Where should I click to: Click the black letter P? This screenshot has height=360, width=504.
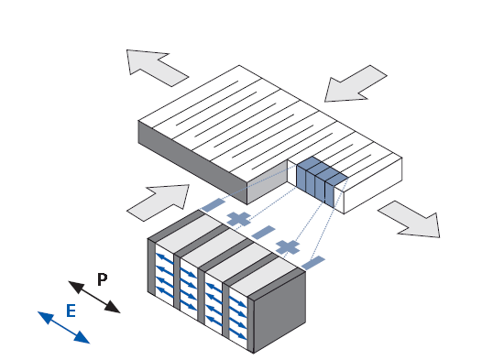click(x=103, y=279)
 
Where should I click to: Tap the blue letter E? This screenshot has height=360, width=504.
click(x=71, y=311)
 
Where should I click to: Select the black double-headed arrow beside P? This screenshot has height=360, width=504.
click(x=94, y=297)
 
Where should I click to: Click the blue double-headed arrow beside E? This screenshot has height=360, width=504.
click(x=63, y=328)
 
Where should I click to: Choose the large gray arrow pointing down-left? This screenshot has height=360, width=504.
click(x=356, y=84)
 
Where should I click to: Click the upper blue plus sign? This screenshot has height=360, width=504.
click(x=239, y=219)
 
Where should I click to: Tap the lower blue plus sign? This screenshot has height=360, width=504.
click(x=288, y=246)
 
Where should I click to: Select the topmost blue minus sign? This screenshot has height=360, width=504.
click(x=214, y=205)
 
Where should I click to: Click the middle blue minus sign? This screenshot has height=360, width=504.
click(x=263, y=233)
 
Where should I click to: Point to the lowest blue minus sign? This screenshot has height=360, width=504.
click(x=313, y=263)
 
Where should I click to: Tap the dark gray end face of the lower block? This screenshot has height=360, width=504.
click(x=279, y=311)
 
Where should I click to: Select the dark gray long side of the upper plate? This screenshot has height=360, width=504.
click(x=192, y=162)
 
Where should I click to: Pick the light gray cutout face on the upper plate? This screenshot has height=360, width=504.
click(x=268, y=181)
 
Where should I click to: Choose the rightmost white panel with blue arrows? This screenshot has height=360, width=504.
click(x=238, y=318)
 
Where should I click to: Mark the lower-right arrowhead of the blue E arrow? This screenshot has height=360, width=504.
click(x=82, y=338)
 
